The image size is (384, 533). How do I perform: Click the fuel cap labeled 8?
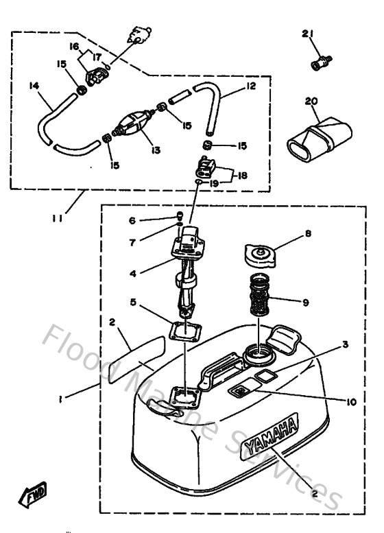tap(261, 257)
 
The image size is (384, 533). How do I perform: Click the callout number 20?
tap(311, 101)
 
